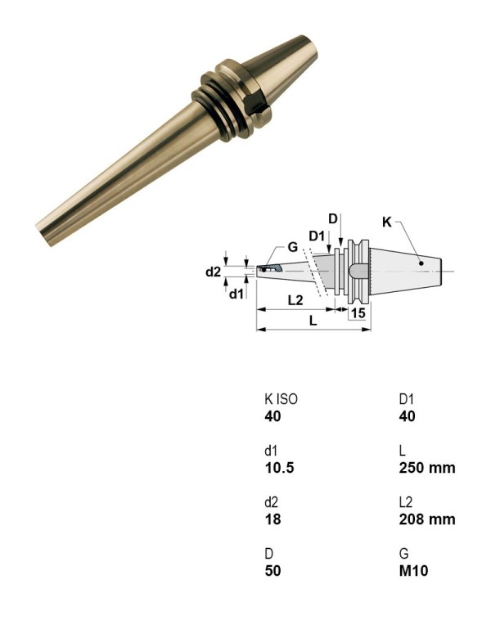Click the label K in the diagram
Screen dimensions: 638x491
pyautogui.click(x=387, y=222)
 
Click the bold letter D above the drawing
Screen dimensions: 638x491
pyautogui.click(x=333, y=218)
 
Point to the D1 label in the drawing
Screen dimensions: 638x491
pyautogui.click(x=318, y=236)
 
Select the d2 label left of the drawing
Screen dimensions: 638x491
pyautogui.click(x=213, y=272)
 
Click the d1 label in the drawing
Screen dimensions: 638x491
pyautogui.click(x=236, y=293)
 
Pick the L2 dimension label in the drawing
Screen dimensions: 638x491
pyautogui.click(x=296, y=300)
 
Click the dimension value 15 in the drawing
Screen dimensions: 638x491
pyautogui.click(x=358, y=312)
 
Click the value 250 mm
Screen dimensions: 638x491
pyautogui.click(x=426, y=468)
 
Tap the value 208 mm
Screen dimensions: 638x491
pyautogui.click(x=426, y=519)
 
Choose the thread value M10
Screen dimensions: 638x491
pyautogui.click(x=413, y=570)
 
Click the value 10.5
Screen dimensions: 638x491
pyautogui.click(x=278, y=468)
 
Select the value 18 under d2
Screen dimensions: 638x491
pyautogui.click(x=272, y=519)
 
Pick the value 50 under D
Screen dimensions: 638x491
pyautogui.click(x=273, y=570)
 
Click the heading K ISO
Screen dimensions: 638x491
pyautogui.click(x=281, y=400)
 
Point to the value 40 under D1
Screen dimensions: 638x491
pyautogui.click(x=408, y=416)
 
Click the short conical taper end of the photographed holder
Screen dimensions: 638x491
pyautogui.click(x=286, y=58)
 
